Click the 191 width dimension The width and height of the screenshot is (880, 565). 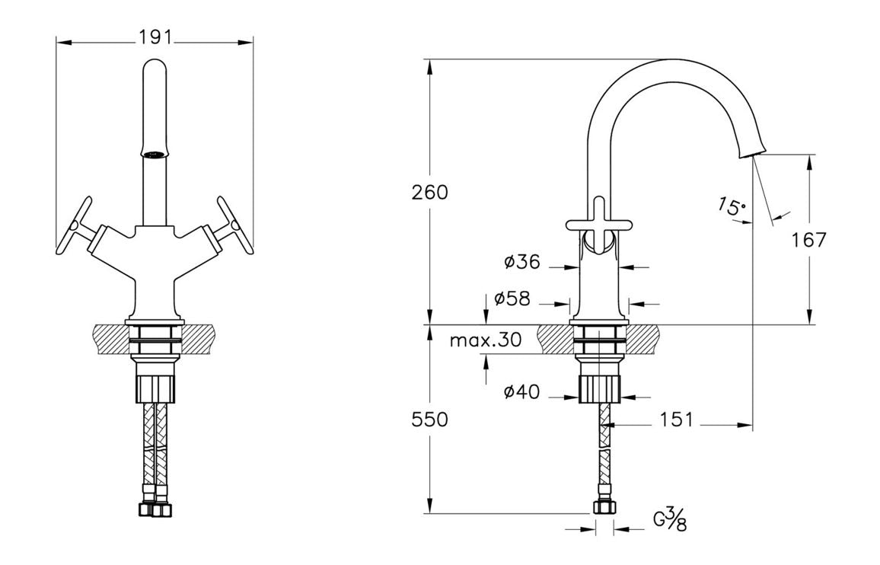(x=155, y=37)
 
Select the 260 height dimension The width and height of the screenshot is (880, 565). (x=429, y=193)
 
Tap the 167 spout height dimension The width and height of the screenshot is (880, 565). (x=808, y=241)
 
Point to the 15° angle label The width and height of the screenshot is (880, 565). (x=731, y=206)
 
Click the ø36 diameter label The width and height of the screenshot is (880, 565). (x=522, y=263)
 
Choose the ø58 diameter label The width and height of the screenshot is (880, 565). (x=512, y=299)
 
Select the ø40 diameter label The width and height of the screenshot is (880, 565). (x=522, y=392)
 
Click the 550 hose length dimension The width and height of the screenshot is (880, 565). (x=429, y=420)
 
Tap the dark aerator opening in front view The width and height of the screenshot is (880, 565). (x=155, y=154)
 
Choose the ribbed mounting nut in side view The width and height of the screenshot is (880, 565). (x=600, y=388)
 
